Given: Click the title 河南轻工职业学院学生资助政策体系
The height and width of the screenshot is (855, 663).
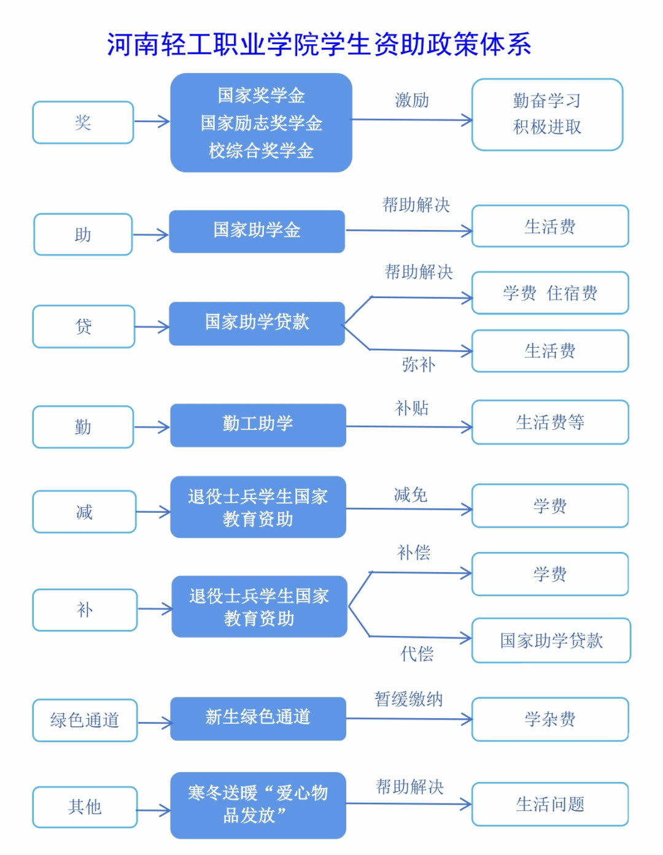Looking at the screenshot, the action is tap(319, 44).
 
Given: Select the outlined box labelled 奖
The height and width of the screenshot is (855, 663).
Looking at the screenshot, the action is tap(83, 123).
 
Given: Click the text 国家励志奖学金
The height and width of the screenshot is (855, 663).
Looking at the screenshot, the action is tap(261, 123).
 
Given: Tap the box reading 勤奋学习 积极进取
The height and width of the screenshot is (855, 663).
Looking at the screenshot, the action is tap(547, 115).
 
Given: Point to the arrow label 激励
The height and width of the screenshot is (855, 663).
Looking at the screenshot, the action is tap(412, 101).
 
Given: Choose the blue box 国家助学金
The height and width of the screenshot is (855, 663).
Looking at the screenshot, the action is tap(257, 231).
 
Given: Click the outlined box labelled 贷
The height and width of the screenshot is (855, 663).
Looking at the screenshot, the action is tap(83, 326).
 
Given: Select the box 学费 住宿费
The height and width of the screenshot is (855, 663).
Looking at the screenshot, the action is tap(550, 293).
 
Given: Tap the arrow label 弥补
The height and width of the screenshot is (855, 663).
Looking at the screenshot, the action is tap(419, 364).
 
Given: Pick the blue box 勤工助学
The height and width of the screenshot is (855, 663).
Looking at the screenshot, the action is tap(258, 425).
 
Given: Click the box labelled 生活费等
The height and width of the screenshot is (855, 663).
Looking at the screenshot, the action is tap(550, 422).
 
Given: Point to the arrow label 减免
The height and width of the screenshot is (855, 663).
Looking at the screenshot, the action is tap(411, 494).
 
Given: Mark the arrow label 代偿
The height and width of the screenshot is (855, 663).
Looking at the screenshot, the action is tap(417, 654).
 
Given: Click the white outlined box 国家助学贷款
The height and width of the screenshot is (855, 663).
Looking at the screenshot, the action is tap(551, 640).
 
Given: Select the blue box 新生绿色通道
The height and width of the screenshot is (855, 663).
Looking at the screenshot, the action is tap(258, 718).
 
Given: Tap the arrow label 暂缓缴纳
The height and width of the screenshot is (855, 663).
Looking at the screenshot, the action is tap(409, 699).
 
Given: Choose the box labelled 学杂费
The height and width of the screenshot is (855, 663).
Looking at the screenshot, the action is tap(550, 719).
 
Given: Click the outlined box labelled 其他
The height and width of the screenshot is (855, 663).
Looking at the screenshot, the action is tap(85, 807).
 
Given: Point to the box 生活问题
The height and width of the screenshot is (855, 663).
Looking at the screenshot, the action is tap(550, 804).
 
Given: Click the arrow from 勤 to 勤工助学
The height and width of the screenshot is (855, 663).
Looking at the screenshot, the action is tap(152, 427).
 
